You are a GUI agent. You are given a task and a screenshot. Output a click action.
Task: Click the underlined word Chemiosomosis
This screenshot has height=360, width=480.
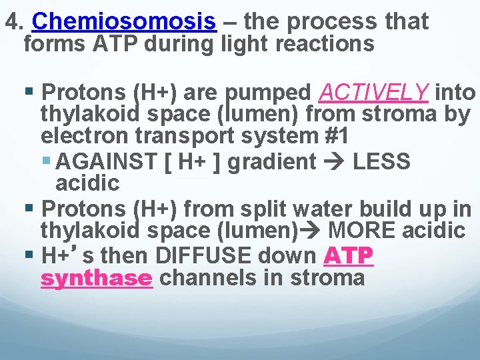(123, 23)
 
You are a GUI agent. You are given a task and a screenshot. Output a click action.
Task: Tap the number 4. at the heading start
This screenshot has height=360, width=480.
(15, 23)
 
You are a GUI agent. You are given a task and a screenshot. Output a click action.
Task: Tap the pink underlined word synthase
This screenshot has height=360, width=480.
(96, 277)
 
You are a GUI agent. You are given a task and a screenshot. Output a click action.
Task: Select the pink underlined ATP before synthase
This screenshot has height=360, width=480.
(348, 255)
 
